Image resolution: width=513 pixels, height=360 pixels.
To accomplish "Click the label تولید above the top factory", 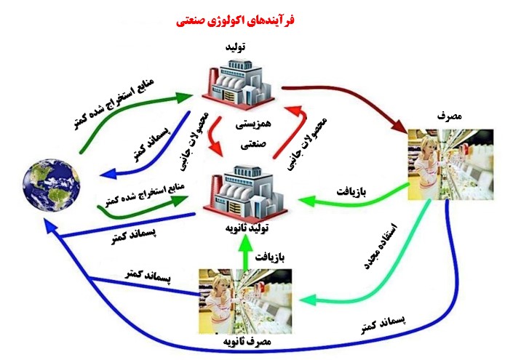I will [235, 47].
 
